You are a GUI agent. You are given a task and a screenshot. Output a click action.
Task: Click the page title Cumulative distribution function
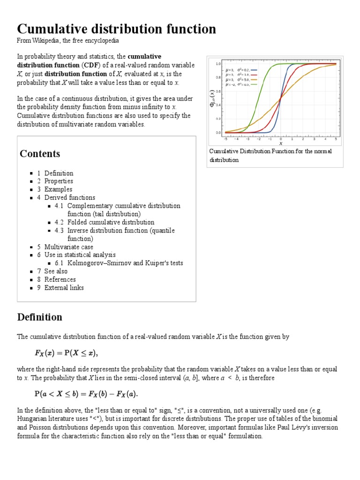click(x=117, y=29)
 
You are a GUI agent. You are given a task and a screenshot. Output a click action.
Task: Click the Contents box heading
click(x=40, y=154)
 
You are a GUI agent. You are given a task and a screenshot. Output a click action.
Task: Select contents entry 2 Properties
click(x=59, y=181)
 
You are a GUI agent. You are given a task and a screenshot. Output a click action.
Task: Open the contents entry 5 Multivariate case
click(x=68, y=247)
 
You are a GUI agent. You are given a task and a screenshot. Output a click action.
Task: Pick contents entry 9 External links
click(x=64, y=288)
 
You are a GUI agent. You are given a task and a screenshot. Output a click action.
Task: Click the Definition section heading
click(x=40, y=317)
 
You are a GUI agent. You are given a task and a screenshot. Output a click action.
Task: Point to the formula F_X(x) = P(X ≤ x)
click(x=64, y=352)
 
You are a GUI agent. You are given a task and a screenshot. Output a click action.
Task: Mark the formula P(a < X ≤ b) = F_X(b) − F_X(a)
click(x=84, y=392)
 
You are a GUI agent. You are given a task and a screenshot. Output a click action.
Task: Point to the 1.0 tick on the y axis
click(x=218, y=64)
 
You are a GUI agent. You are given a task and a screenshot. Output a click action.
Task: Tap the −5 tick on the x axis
click(x=225, y=139)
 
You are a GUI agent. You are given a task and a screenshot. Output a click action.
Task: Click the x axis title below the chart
click(x=281, y=143)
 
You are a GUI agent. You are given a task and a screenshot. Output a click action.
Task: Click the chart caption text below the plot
click(x=270, y=156)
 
